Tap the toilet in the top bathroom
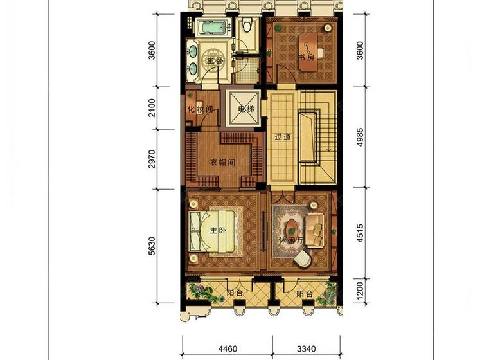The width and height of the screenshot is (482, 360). point(247,24)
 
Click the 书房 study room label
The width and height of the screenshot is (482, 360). point(307,57)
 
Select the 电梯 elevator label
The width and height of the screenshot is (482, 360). point(247,109)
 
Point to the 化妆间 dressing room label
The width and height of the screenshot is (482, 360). point(200,109)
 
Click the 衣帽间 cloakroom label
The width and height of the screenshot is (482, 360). point(222,162)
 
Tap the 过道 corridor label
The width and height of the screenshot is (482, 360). point(283,137)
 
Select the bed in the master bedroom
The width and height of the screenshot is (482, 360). point(215,231)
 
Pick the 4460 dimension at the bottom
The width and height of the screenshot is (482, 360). point(228,349)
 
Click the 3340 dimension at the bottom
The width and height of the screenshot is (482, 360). point(307,349)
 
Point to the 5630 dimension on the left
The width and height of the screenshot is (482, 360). point(152,246)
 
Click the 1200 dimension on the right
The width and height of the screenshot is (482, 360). point(360,291)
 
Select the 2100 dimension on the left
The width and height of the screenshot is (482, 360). point(152,107)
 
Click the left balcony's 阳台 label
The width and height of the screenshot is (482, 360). point(235,293)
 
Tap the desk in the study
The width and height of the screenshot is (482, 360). point(308,51)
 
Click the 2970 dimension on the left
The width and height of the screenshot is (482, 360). point(152,159)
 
